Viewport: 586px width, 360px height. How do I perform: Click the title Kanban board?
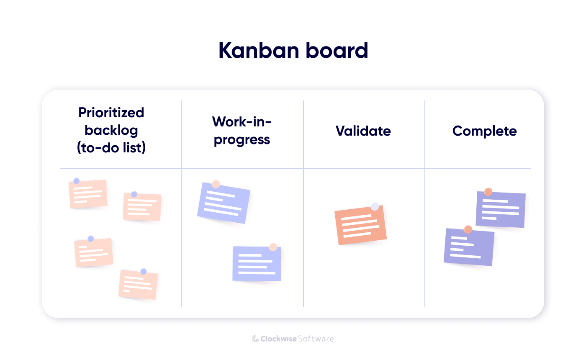(x=293, y=51)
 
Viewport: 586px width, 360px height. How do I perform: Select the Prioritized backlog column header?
(x=111, y=130)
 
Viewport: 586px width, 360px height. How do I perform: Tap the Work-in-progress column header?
(x=242, y=130)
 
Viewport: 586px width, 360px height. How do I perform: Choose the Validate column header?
(x=363, y=131)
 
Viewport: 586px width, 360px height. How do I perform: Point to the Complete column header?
(x=484, y=131)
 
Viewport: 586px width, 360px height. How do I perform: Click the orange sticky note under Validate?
(x=360, y=226)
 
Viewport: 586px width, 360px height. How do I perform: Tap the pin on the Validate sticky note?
(x=375, y=206)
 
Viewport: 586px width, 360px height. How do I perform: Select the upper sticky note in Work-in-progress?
(x=224, y=203)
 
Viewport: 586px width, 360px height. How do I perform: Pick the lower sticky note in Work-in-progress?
(x=257, y=264)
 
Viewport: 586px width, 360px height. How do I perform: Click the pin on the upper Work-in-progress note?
(x=216, y=184)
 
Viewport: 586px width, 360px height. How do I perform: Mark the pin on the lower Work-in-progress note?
(x=273, y=247)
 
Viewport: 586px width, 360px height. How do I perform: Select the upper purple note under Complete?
(x=501, y=210)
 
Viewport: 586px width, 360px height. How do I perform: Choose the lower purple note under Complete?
(x=469, y=247)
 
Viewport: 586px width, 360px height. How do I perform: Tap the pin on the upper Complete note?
(x=488, y=192)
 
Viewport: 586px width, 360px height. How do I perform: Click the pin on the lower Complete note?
(x=468, y=229)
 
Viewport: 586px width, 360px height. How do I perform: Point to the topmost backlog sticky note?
(x=88, y=194)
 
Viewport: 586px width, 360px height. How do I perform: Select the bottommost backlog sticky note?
(x=138, y=285)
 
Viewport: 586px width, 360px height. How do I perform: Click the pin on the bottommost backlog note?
(x=144, y=271)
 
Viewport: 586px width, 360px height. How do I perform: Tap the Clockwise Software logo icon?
(x=255, y=338)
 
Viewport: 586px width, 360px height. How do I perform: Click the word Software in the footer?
(x=316, y=338)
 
